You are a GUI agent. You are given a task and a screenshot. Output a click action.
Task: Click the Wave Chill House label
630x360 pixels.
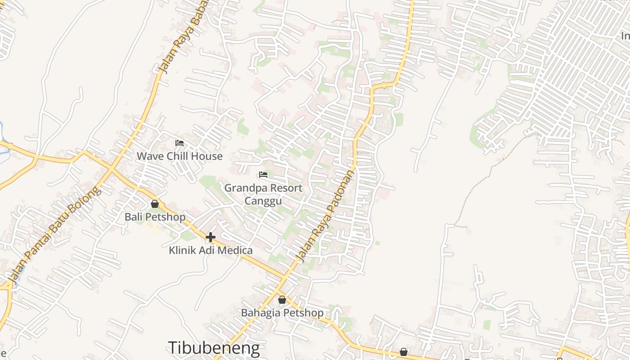[180, 156]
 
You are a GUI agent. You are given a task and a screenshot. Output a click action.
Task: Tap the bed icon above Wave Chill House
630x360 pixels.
[180, 143]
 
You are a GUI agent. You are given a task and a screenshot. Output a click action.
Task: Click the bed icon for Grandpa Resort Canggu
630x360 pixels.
[263, 175]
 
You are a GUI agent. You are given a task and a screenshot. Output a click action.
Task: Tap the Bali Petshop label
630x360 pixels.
[155, 217]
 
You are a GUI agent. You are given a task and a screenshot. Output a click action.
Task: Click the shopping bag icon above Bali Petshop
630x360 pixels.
[155, 204]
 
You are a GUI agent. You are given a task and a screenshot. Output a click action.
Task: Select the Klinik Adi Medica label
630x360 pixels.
[211, 250]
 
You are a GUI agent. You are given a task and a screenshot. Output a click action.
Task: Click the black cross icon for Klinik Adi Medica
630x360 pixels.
[210, 237]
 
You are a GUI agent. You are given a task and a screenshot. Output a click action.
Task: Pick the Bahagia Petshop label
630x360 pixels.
[282, 313]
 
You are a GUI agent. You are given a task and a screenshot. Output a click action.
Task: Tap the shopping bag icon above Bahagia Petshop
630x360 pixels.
[282, 300]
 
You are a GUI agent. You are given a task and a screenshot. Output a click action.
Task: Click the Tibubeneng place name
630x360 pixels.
[214, 348]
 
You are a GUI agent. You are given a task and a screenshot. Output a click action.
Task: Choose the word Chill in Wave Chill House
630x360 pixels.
[175, 156]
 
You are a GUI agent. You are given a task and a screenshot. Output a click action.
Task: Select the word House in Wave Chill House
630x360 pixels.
[207, 156]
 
